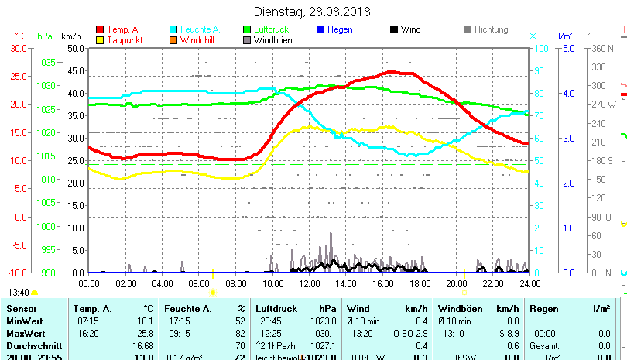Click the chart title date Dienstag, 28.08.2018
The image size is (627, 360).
pyautogui.click(x=313, y=12)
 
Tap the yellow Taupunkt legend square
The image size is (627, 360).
pyautogui.click(x=101, y=40)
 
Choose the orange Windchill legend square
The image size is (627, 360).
pyautogui.click(x=173, y=40)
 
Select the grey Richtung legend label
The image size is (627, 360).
pyautogui.click(x=491, y=30)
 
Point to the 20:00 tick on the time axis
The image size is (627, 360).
pyautogui.click(x=457, y=284)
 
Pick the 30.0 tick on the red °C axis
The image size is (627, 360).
pyautogui.click(x=19, y=48)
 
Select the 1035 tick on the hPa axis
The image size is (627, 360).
pyautogui.click(x=46, y=62)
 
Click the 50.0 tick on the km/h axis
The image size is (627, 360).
pyautogui.click(x=76, y=48)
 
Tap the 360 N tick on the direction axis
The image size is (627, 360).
pyautogui.click(x=601, y=48)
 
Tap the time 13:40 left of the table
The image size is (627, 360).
pyautogui.click(x=19, y=293)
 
